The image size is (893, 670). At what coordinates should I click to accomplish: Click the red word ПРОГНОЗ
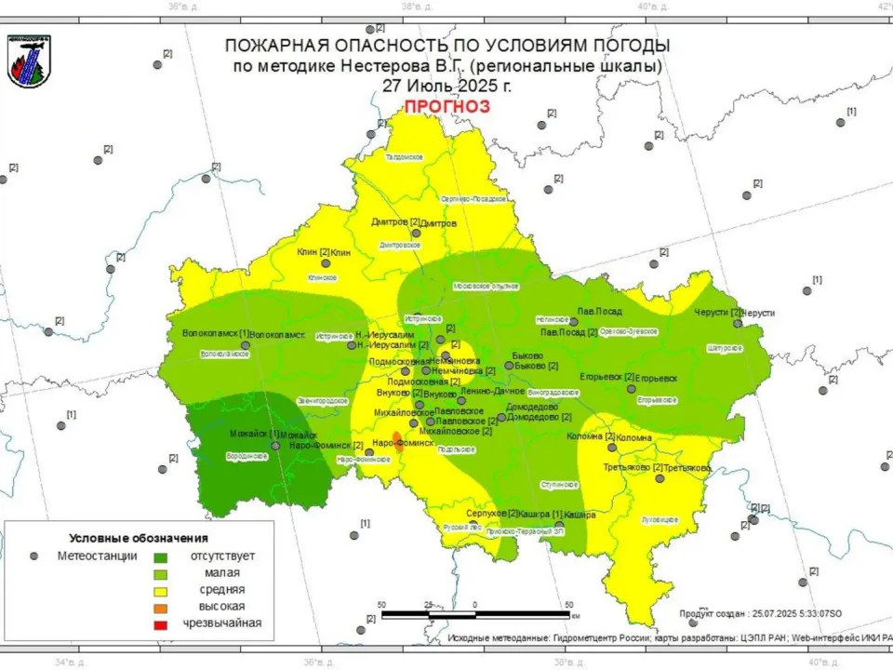(x=446, y=106)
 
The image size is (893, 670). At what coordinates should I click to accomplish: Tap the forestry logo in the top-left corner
(x=29, y=62)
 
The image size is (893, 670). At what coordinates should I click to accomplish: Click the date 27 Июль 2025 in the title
(x=446, y=85)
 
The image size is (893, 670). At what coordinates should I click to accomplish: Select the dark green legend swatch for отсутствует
(x=160, y=556)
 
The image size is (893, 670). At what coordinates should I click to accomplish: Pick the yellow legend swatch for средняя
(x=160, y=590)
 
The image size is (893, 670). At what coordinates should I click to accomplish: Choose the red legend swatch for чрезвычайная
(x=160, y=623)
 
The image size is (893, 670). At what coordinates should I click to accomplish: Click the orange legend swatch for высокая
(x=160, y=607)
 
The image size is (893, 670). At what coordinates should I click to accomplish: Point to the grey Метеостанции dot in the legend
(x=34, y=556)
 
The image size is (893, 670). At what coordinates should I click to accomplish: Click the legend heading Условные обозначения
(x=139, y=538)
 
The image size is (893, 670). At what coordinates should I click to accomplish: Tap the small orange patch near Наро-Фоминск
(x=397, y=436)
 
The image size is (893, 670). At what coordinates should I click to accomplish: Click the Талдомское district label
(x=405, y=157)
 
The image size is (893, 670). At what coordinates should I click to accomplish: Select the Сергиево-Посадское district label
(x=473, y=199)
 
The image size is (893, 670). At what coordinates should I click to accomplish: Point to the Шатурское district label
(x=725, y=348)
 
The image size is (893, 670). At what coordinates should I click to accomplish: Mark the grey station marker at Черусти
(x=738, y=323)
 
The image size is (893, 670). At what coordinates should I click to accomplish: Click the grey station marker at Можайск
(x=275, y=445)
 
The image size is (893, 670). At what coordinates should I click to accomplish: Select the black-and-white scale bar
(x=476, y=614)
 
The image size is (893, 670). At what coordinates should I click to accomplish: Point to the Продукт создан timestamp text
(x=760, y=613)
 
